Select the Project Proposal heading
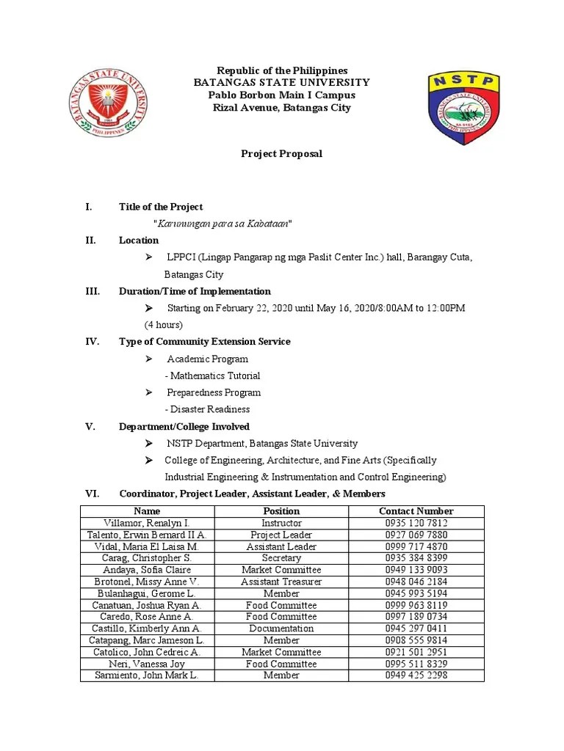(282, 154)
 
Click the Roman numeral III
(93, 291)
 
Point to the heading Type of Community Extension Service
(204, 342)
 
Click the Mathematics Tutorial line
(213, 375)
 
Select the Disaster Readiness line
(208, 409)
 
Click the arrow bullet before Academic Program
(148, 359)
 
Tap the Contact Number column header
(416, 511)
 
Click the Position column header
(281, 511)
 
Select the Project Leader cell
(281, 535)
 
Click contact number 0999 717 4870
(416, 546)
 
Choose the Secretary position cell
(281, 558)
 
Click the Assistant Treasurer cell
(281, 582)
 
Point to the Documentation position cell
(281, 629)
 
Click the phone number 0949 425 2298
(416, 675)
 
